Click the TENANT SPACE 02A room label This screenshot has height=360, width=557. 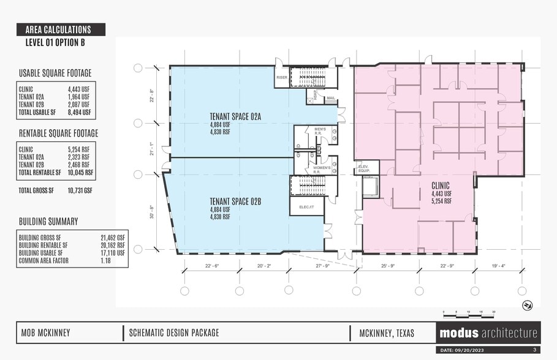pyautogui.click(x=235, y=116)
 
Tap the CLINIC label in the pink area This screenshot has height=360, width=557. pyautogui.click(x=441, y=186)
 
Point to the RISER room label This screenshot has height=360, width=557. pyautogui.click(x=282, y=78)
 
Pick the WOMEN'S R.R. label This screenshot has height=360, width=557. pyautogui.click(x=322, y=170)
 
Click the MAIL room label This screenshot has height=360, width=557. pyautogui.click(x=331, y=98)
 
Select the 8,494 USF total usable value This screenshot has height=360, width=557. pyautogui.click(x=79, y=112)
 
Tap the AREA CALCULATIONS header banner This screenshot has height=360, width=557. pyautogui.click(x=62, y=29)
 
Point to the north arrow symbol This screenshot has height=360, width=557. pyautogui.click(x=526, y=305)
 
